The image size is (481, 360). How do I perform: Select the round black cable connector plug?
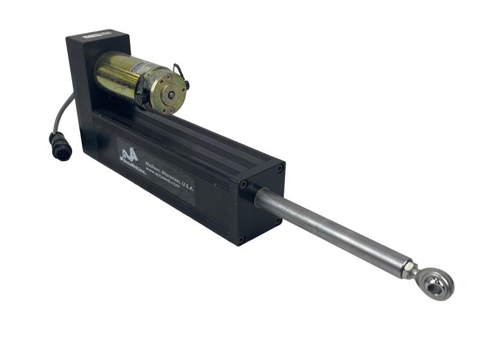click(60, 147)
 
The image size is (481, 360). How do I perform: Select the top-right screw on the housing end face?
click(280, 169)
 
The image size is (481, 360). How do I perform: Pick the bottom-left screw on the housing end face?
click(241, 239)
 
